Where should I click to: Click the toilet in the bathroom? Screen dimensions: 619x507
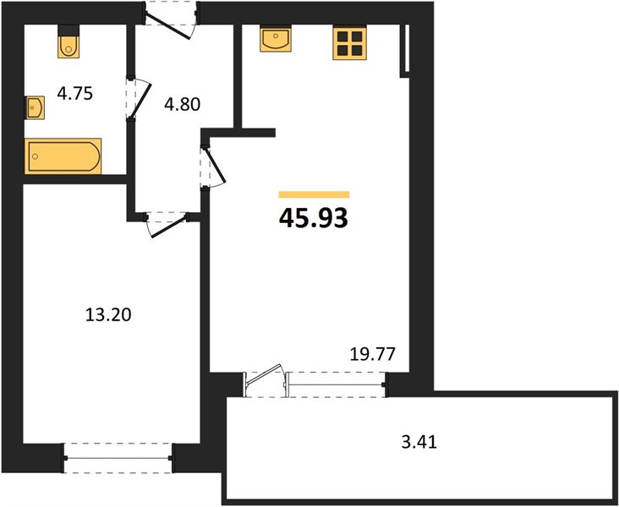(x=68, y=47)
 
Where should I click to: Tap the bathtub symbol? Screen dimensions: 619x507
(x=63, y=156)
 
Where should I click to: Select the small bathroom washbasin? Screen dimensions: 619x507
(x=35, y=107)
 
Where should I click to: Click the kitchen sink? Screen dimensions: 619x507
(x=276, y=39)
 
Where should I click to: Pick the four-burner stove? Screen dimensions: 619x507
(x=350, y=43)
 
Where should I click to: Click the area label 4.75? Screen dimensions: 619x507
(x=75, y=94)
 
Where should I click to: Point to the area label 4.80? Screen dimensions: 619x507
(x=183, y=104)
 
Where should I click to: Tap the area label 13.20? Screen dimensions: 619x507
(x=108, y=315)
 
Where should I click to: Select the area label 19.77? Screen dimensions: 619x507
(x=373, y=354)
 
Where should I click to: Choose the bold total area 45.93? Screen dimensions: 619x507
(x=314, y=218)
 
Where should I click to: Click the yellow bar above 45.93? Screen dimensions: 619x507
(x=315, y=194)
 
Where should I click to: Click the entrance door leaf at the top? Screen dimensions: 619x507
(x=168, y=26)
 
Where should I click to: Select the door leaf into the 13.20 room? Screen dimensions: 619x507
(x=168, y=226)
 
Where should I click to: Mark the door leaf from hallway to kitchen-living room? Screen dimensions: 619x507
(x=215, y=166)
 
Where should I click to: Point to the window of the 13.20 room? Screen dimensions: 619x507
(x=118, y=458)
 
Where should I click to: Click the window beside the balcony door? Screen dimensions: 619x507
(x=335, y=384)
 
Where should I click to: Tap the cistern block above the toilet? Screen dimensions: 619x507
(x=68, y=30)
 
